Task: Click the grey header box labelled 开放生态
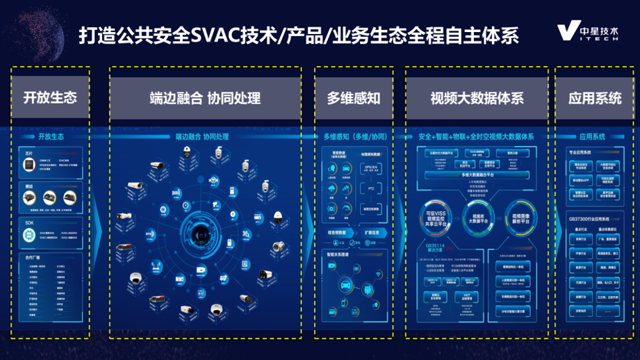click(x=50, y=97)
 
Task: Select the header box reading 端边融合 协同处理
click(x=204, y=97)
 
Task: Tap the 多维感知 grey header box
click(x=354, y=97)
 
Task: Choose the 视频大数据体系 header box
click(x=476, y=97)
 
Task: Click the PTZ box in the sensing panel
click(x=372, y=187)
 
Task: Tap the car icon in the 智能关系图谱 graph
click(x=345, y=286)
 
